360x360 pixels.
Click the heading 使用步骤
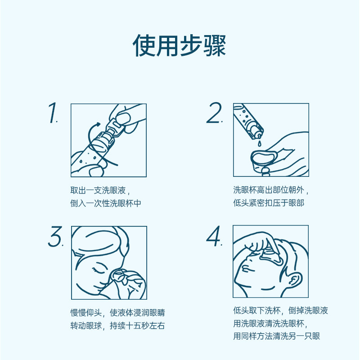pyautogui.click(x=180, y=45)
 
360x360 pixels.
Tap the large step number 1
pyautogui.click(x=54, y=113)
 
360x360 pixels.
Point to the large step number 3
pyautogui.click(x=55, y=237)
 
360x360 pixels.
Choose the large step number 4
pyautogui.click(x=214, y=237)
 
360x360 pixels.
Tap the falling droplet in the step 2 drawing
pyautogui.click(x=260, y=143)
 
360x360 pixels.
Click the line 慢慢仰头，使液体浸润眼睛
pyautogui.click(x=114, y=312)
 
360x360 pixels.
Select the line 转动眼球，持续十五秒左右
pyautogui.click(x=114, y=325)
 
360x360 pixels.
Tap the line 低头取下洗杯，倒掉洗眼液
pyautogui.click(x=280, y=310)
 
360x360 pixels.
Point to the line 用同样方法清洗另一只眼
pyautogui.click(x=276, y=336)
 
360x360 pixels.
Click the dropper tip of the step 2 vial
pyautogui.click(x=258, y=133)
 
